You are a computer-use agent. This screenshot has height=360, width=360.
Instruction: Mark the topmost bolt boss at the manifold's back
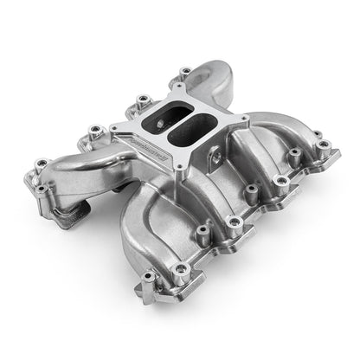pyautogui.click(x=183, y=70)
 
